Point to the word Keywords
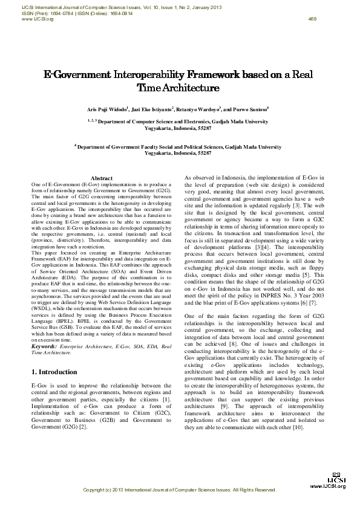pyautogui.click(x=47, y=346)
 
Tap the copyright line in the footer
pyautogui.click(x=179, y=490)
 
